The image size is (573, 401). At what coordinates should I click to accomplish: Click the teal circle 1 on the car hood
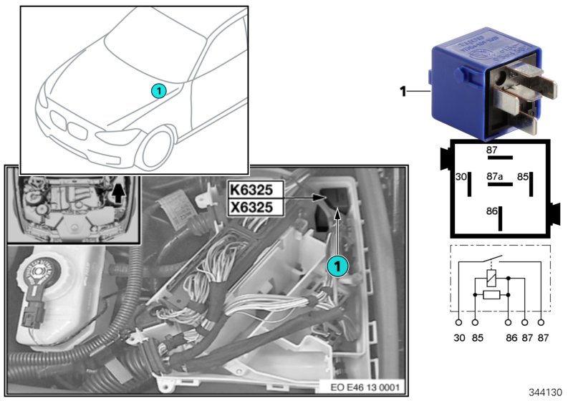[159, 90]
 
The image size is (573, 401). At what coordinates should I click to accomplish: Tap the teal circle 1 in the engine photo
[337, 264]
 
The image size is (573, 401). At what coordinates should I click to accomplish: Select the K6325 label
[255, 191]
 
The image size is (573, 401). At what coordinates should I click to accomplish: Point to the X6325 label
[255, 208]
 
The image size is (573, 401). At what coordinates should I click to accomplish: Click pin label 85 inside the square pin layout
[524, 175]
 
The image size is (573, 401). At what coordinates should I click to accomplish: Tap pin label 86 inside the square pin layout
[491, 212]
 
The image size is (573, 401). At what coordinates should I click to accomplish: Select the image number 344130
[549, 392]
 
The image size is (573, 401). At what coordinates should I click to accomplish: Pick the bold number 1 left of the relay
[403, 91]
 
